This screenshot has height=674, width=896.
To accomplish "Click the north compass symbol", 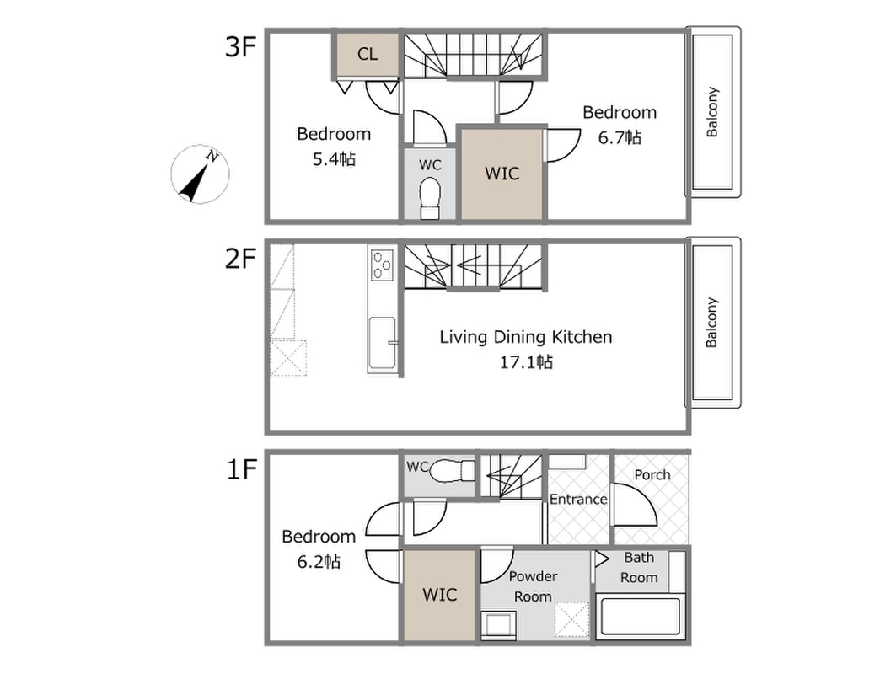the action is (200, 174).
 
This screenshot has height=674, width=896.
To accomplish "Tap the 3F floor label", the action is (240, 46).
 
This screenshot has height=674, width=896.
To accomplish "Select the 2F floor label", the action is (240, 258).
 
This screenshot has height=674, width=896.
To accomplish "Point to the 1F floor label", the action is (241, 469).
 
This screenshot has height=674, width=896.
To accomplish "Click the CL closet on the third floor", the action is (368, 54).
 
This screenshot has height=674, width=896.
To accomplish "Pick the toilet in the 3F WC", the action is (430, 198).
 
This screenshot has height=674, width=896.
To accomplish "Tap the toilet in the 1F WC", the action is (452, 471).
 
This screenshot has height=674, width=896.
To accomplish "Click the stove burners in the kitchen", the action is (382, 265).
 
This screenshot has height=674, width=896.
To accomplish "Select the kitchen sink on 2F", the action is (383, 342).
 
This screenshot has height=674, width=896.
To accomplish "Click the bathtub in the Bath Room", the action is (640, 617).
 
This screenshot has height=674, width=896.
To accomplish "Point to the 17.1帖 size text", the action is (526, 362).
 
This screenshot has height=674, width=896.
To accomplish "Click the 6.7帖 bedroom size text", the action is (620, 137).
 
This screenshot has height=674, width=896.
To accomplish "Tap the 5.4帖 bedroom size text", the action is (334, 158).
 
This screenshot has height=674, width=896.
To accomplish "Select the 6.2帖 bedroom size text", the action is (319, 562).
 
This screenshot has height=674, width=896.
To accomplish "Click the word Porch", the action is (652, 474).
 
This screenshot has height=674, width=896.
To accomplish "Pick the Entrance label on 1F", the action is (578, 500).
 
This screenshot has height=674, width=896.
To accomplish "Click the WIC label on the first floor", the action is (439, 595).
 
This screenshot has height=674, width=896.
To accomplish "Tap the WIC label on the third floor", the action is (502, 174).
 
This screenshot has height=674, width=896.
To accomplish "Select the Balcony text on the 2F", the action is (711, 323).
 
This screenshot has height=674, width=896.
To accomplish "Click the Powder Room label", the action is (533, 586).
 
